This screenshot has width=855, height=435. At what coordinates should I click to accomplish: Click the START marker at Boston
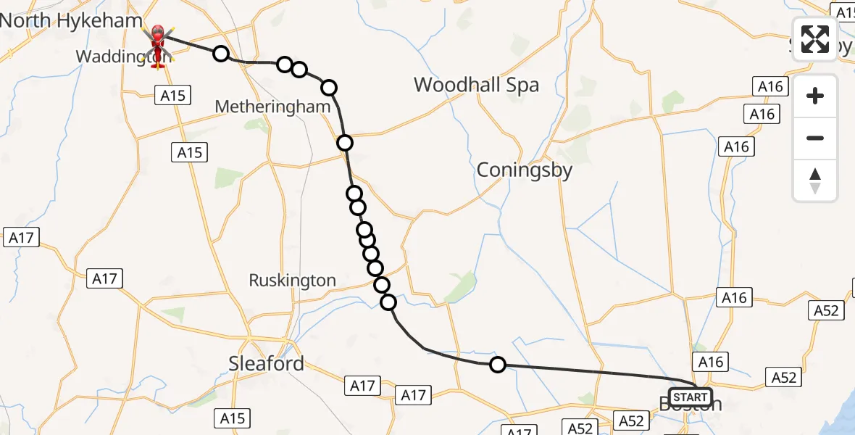pos(691,397)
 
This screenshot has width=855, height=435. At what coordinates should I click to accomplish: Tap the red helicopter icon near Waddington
pos(157,43)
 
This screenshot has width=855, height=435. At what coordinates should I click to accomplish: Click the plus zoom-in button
pos(815,96)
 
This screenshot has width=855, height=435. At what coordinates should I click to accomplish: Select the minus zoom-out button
pos(815,138)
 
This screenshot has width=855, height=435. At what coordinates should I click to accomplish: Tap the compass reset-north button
pos(815,181)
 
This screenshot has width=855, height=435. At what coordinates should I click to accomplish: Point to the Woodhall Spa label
pos(476,85)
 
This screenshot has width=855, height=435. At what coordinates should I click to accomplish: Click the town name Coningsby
pos(524,170)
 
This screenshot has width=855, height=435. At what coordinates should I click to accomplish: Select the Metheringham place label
pos(272,107)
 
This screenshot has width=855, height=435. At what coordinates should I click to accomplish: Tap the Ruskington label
pos(292,281)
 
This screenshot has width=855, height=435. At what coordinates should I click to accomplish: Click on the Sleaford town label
pos(266,363)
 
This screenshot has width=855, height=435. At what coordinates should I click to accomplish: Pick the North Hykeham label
pos(71,20)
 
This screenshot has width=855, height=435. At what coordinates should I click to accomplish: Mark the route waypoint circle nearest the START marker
pos(497,365)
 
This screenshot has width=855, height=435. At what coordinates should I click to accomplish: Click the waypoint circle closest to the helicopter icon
pos(220,54)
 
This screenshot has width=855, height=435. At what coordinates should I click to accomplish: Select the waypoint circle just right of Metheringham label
pos(344,142)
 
